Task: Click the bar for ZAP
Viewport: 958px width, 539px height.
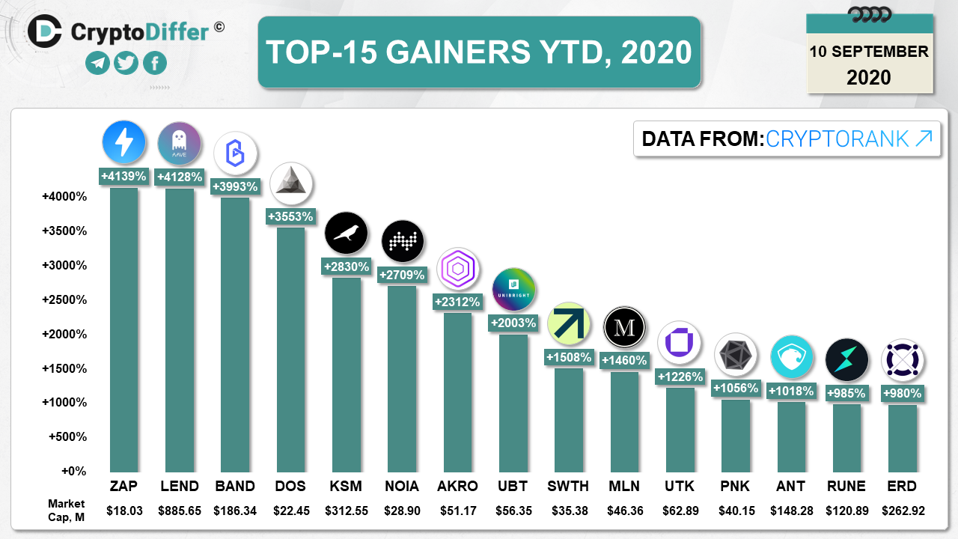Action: pyautogui.click(x=124, y=329)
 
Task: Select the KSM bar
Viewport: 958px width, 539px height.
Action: pyautogui.click(x=346, y=374)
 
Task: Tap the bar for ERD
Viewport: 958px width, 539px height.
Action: pyautogui.click(x=902, y=438)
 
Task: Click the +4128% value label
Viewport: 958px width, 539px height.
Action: pyautogui.click(x=180, y=177)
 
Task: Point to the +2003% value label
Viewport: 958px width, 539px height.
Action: pyautogui.click(x=513, y=323)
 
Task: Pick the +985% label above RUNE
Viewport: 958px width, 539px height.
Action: pyautogui.click(x=846, y=392)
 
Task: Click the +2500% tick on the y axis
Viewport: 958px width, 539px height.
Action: pyautogui.click(x=64, y=299)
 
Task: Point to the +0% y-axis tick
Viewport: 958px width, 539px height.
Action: pyautogui.click(x=73, y=471)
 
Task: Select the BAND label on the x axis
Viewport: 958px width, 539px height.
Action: pyautogui.click(x=234, y=486)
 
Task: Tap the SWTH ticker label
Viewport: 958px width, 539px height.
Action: pyautogui.click(x=568, y=486)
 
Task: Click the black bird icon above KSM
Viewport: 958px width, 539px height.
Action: pyautogui.click(x=346, y=234)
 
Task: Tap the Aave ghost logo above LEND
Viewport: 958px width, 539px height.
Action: pyautogui.click(x=180, y=143)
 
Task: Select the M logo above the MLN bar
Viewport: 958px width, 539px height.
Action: pyautogui.click(x=624, y=328)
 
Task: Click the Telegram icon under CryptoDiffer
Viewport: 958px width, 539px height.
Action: pyautogui.click(x=97, y=64)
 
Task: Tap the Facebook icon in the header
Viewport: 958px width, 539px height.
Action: pyautogui.click(x=155, y=64)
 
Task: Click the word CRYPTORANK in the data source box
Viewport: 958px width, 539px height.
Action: pyautogui.click(x=838, y=138)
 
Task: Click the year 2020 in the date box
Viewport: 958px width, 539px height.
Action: pyautogui.click(x=869, y=77)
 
